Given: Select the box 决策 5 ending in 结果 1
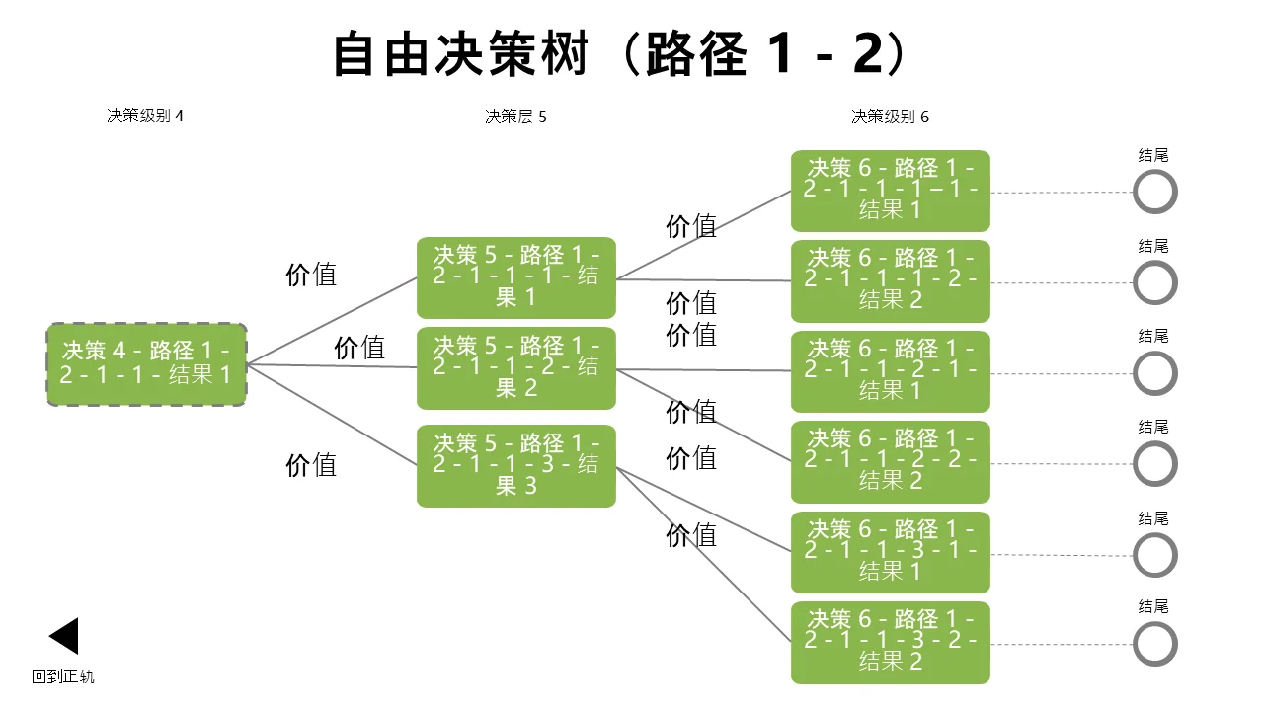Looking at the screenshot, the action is coord(515,277).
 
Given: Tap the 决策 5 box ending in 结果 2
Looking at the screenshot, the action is coord(515,368).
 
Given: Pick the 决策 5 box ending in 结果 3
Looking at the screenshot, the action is coord(515,466).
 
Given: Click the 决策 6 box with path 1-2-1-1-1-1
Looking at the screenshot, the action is coord(891,191).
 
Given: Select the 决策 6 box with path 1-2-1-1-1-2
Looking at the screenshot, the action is coord(891,281).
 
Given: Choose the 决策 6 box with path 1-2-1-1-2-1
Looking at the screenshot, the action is coord(891,371).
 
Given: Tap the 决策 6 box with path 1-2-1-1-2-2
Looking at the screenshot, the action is coord(891,461).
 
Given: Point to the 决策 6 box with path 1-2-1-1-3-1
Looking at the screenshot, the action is coord(891,552).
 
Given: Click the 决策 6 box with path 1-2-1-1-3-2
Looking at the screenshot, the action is coord(891,643).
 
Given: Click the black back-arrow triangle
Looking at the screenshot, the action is coord(64,636).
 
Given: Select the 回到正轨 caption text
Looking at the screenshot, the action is coord(62,676).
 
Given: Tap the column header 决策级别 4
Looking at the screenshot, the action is coord(145,116).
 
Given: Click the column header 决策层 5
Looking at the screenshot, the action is coord(515,117).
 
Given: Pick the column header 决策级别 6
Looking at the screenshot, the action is coord(890,117).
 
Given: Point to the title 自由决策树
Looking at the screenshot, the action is coord(461,54).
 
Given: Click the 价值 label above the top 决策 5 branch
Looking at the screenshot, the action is coord(311,275).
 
